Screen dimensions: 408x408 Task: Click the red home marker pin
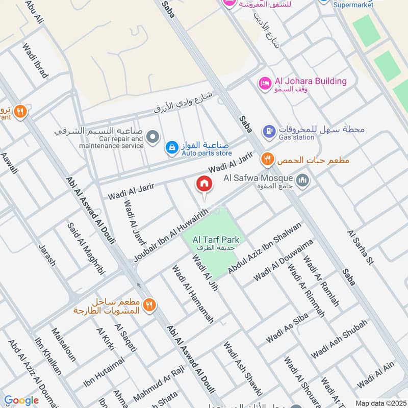click(x=204, y=184)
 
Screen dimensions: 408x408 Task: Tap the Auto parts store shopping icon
click(x=172, y=148)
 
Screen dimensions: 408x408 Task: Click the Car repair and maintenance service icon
click(x=152, y=137)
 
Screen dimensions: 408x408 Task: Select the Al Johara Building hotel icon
click(x=265, y=83)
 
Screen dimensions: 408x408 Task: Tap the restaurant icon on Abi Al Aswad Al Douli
click(x=149, y=305)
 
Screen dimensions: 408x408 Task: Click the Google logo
click(x=21, y=400)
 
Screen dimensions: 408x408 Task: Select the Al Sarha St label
click(x=361, y=247)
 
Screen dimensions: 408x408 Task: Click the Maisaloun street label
click(x=64, y=345)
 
